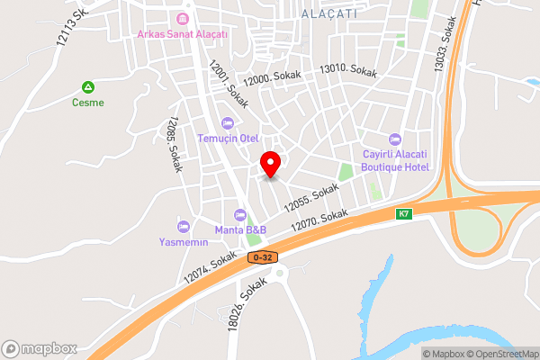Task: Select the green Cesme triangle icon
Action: (88, 87)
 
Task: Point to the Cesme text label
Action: (88, 103)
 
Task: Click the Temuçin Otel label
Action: (229, 138)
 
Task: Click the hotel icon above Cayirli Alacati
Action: (394, 139)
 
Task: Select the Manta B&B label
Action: (240, 229)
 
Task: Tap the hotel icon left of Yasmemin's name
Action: (184, 226)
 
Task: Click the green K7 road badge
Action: (404, 214)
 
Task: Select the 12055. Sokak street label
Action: (310, 198)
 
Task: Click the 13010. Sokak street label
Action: (348, 69)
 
